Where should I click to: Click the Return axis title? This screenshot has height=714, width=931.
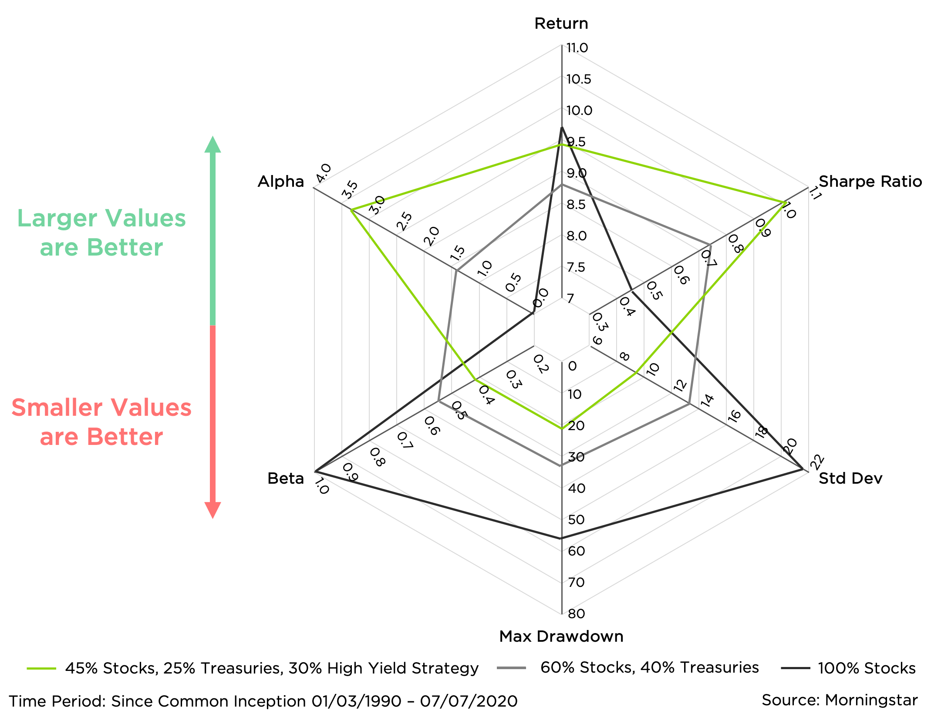[561, 24]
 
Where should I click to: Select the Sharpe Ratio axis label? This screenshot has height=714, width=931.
[870, 182]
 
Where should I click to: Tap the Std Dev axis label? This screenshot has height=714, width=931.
[850, 478]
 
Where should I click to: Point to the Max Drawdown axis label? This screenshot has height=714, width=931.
[561, 637]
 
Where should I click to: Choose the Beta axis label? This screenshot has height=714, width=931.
[285, 478]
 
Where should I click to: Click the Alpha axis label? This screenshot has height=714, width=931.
[280, 182]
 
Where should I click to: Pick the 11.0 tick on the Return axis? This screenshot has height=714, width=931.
[577, 48]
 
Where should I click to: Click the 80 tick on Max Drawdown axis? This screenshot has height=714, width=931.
[576, 614]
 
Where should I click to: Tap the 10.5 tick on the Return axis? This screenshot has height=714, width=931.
[579, 79]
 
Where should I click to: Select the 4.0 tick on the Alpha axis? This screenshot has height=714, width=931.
[324, 173]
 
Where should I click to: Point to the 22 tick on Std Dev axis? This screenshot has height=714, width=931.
[816, 462]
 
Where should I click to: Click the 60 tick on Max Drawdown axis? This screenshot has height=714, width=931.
[576, 551]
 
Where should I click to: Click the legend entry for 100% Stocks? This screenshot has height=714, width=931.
[867, 668]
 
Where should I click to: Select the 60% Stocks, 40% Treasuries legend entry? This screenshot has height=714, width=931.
[649, 667]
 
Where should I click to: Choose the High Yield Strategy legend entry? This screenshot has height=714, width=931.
[272, 668]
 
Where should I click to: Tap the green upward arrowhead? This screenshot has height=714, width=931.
[213, 145]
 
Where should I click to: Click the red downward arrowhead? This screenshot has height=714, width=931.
[213, 510]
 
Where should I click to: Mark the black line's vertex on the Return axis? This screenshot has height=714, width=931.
[562, 127]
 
